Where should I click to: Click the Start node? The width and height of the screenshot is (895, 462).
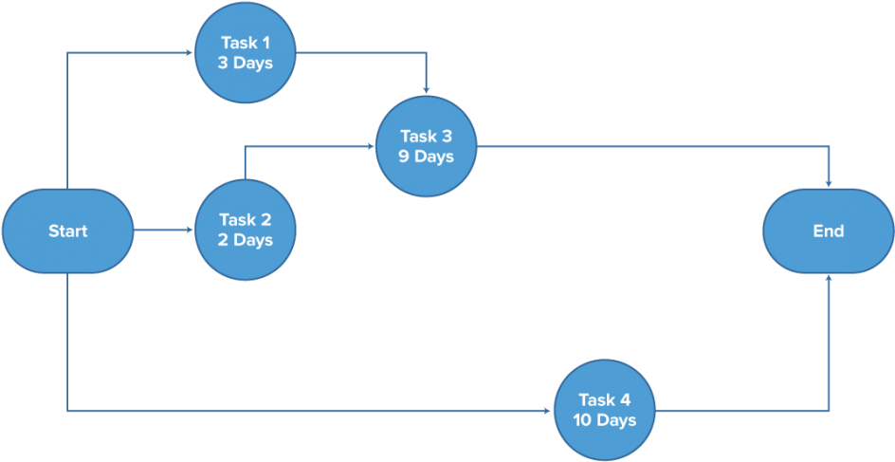(67, 231)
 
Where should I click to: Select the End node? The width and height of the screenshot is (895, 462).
(828, 231)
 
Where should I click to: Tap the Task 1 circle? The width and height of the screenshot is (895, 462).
(246, 52)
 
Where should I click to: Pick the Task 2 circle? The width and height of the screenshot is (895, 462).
(246, 231)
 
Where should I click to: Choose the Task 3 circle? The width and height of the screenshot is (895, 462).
(426, 146)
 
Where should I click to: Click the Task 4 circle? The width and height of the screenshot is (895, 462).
(603, 410)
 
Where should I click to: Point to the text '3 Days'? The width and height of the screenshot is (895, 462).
(246, 64)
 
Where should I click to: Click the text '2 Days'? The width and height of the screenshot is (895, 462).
(246, 241)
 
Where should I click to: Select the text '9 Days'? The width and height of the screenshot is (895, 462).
(426, 157)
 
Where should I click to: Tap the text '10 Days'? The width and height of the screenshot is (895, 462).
(603, 420)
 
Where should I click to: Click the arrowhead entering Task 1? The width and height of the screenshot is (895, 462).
(190, 53)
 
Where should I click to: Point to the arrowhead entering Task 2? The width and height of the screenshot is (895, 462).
(190, 231)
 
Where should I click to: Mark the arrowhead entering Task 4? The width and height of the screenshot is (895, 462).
(547, 412)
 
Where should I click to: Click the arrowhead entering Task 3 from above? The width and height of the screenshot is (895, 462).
(427, 90)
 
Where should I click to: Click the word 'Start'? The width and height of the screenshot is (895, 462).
(67, 231)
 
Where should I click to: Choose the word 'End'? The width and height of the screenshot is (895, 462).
(828, 231)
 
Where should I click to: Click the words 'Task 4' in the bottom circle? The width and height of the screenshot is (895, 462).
(603, 399)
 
